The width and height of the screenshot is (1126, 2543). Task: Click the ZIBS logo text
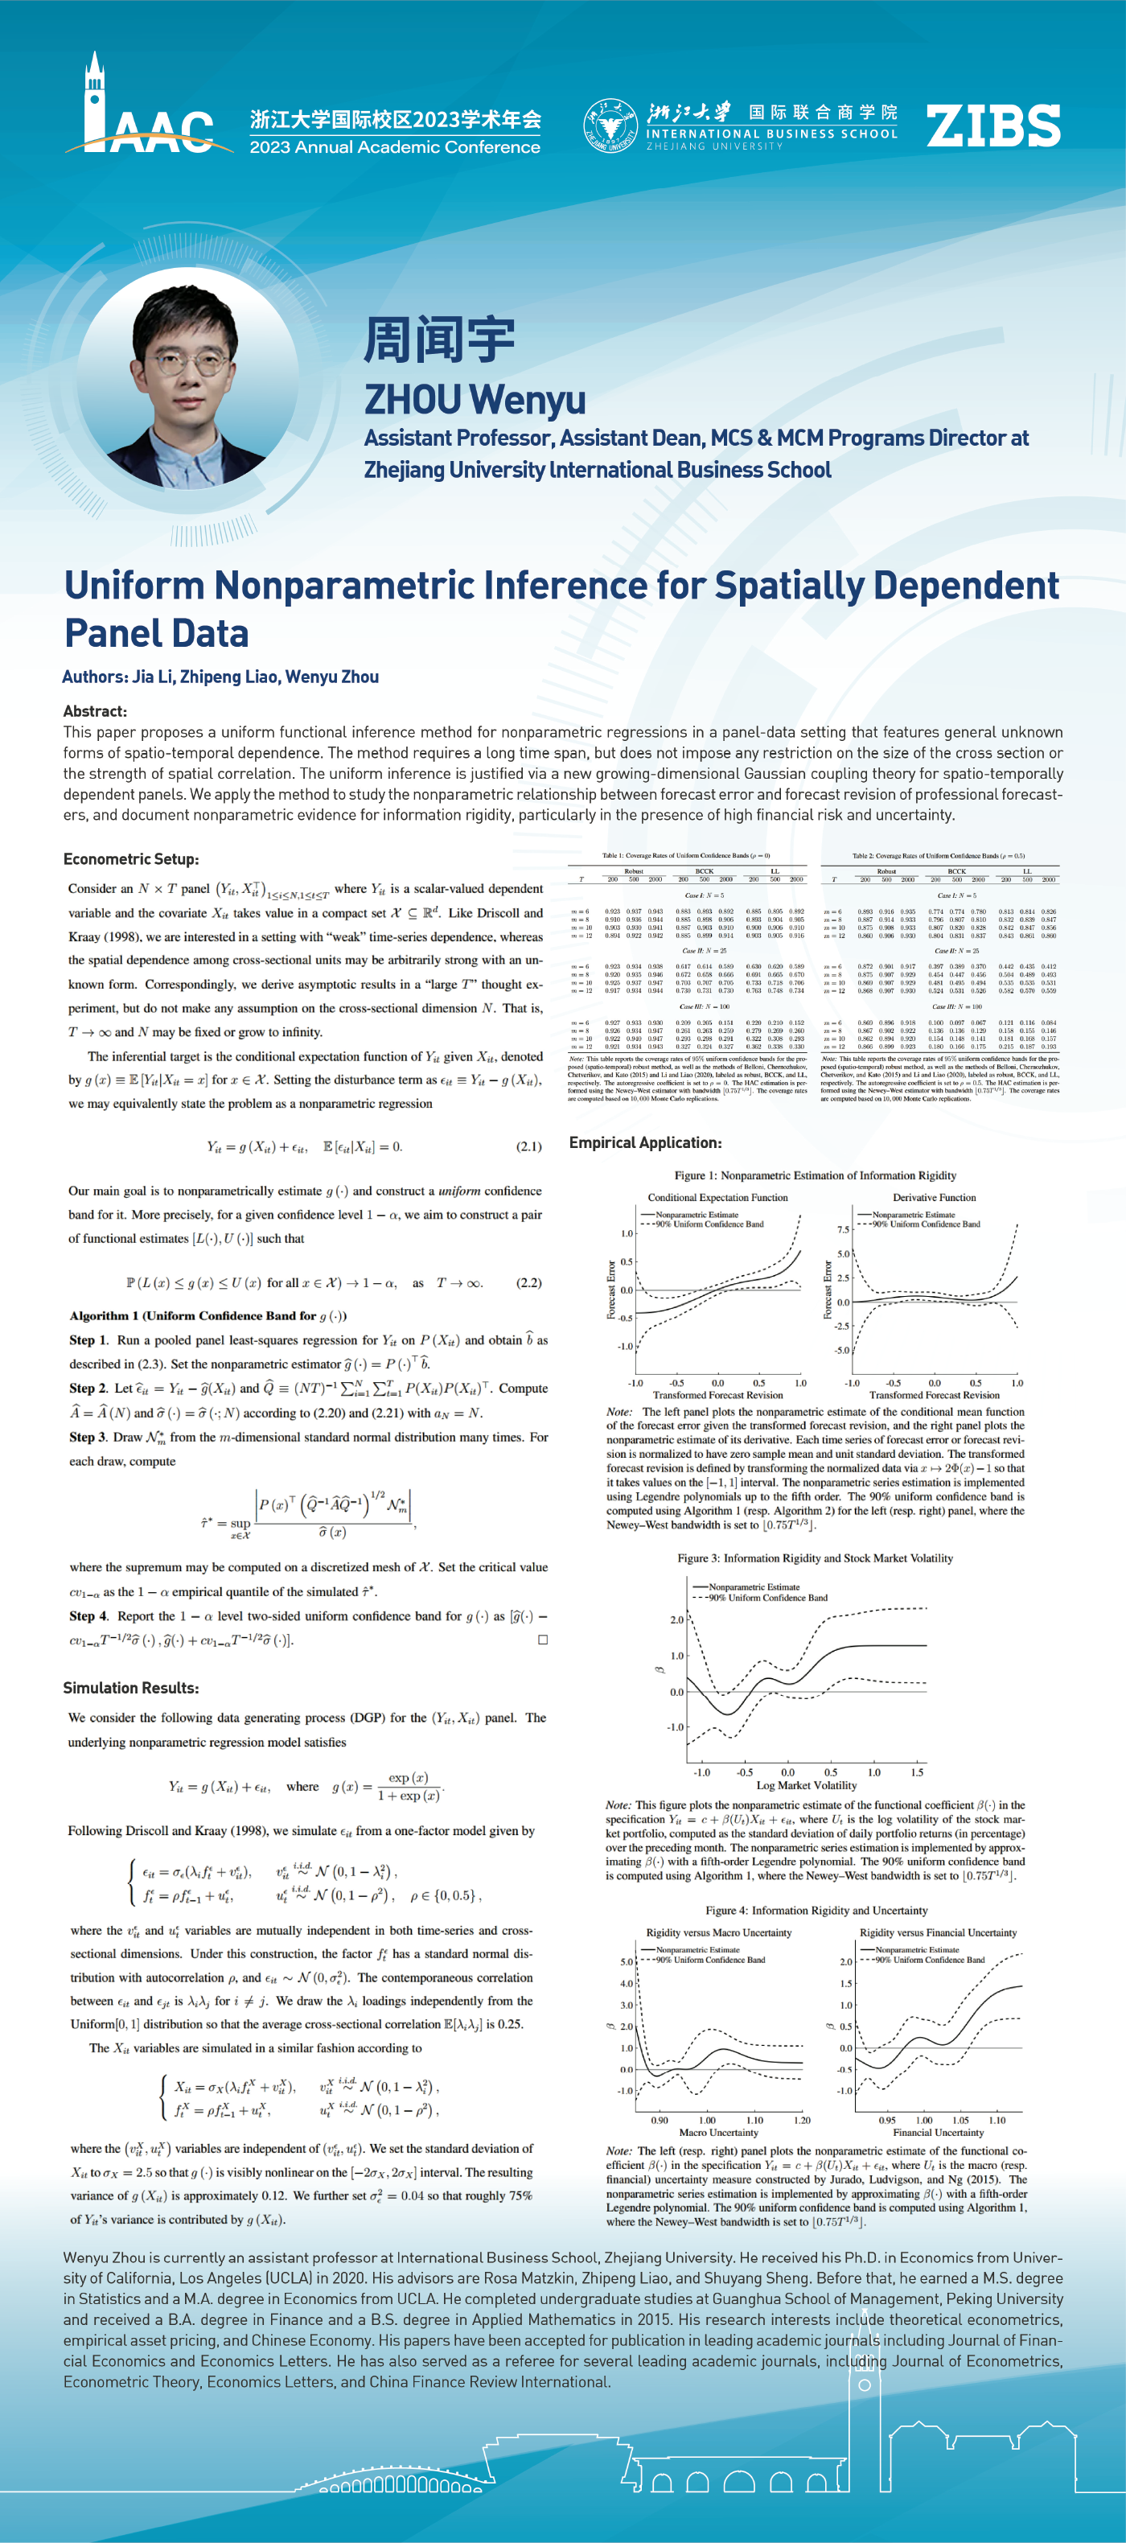[992, 126]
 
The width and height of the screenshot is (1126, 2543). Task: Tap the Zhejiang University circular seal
[610, 126]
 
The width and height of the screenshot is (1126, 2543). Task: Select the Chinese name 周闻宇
[439, 339]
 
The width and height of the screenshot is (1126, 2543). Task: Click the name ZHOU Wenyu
[475, 399]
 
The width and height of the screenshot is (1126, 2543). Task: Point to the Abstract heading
[95, 711]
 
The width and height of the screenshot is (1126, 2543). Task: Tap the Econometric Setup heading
[130, 859]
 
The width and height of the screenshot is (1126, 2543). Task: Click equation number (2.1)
[529, 1146]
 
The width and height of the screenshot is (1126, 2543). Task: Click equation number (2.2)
[529, 1282]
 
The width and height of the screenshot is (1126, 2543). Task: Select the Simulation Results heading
[130, 1687]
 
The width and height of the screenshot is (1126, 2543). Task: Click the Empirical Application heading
[644, 1142]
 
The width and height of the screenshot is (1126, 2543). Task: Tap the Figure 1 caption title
[815, 1175]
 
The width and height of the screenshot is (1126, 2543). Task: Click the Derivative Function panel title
[934, 1197]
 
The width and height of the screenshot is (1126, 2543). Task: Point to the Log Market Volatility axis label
[806, 1785]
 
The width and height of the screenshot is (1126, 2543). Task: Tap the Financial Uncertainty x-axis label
[938, 2133]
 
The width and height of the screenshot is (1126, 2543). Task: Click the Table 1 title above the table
[686, 856]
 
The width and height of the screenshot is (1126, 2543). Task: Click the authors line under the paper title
[220, 677]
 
